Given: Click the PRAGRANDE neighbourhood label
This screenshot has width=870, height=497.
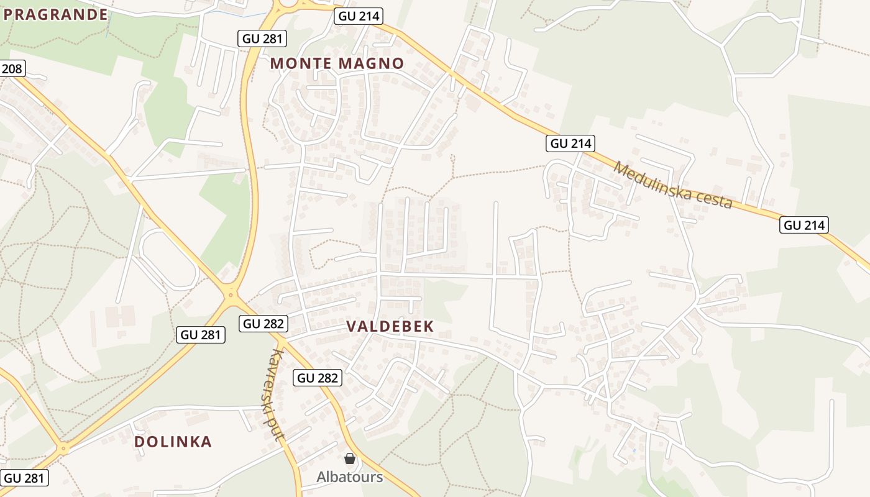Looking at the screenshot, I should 56,15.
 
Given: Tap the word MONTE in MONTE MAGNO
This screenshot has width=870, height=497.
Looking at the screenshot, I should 300,63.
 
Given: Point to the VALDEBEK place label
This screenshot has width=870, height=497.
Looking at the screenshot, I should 390,327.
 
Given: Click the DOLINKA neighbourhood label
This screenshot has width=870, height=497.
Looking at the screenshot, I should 173,442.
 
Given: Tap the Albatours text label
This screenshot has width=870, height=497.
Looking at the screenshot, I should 349,477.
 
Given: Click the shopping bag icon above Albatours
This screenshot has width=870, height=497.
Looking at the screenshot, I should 350,458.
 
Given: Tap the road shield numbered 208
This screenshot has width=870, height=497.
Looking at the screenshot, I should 12,68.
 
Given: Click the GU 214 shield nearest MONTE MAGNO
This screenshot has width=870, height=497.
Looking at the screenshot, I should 358,16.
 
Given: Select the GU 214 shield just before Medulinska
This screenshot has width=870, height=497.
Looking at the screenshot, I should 571,144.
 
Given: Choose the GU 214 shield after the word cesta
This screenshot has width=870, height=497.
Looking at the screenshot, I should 805,225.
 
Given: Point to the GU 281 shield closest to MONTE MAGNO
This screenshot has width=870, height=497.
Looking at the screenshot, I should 262,39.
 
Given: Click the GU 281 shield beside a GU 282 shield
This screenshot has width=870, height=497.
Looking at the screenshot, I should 201,335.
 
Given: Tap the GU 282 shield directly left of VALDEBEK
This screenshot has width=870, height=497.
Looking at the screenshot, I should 263,323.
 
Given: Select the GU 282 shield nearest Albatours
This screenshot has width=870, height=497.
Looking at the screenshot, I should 318,377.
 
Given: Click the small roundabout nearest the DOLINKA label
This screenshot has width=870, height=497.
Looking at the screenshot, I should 63,447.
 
